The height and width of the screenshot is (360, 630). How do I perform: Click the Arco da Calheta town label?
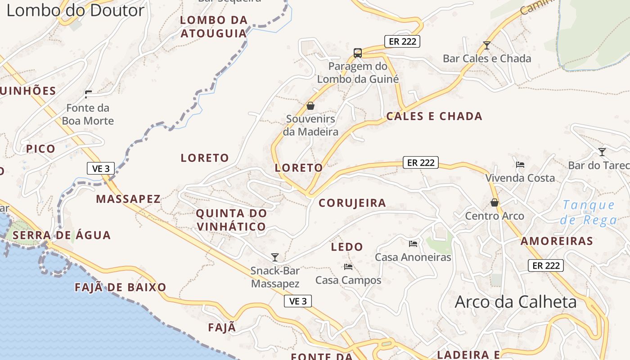[516, 302]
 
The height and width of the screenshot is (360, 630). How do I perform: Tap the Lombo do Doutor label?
[75, 10]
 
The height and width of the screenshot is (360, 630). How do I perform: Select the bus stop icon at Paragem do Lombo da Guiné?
[358, 53]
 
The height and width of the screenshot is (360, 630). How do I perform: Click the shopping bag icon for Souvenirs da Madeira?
[310, 106]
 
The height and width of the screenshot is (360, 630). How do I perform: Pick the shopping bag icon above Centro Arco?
[495, 203]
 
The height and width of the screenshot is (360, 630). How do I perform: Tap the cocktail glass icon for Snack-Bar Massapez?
[275, 257]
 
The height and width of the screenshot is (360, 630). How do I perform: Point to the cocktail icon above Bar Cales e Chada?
[486, 45]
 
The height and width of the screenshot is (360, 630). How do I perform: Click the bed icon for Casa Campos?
[348, 267]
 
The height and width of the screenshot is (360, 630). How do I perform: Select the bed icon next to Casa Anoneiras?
[413, 244]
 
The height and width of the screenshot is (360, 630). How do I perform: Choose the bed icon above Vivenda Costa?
[520, 165]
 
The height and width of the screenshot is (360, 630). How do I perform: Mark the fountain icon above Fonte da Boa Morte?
[88, 94]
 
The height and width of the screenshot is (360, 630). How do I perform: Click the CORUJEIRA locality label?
[352, 203]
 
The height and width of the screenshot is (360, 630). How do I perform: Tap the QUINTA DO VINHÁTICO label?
[231, 220]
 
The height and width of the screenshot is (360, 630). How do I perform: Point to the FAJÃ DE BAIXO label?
[121, 287]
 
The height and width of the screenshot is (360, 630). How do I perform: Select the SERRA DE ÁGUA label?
[62, 235]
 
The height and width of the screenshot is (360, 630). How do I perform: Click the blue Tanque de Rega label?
[589, 212]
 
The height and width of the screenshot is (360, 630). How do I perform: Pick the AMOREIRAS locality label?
[557, 241]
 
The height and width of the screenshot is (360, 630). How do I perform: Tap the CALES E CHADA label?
[434, 117]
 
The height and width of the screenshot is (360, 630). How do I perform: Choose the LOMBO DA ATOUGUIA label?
[214, 27]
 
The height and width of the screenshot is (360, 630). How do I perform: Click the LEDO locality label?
[347, 247]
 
